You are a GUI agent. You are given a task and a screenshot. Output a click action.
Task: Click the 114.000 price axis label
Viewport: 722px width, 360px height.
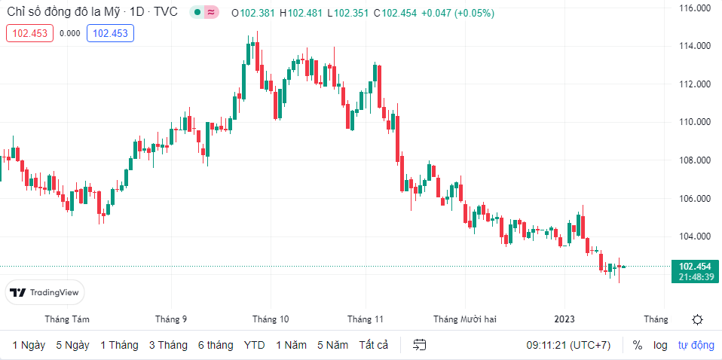click(x=694, y=46)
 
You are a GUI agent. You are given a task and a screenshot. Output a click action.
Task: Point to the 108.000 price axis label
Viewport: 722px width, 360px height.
click(x=694, y=160)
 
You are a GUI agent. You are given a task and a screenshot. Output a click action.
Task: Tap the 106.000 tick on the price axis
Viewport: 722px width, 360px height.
click(x=694, y=199)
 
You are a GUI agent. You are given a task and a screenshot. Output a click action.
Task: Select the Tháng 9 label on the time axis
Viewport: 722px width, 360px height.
click(x=171, y=319)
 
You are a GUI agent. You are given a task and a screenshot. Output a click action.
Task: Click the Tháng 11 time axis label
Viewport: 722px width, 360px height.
click(x=366, y=319)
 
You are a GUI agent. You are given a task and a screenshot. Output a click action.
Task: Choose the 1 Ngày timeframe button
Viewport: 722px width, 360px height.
click(x=29, y=345)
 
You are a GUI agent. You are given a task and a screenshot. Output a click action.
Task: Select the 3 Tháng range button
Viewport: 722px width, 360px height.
click(x=168, y=345)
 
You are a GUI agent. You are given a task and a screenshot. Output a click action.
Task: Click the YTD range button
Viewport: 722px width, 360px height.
click(x=254, y=345)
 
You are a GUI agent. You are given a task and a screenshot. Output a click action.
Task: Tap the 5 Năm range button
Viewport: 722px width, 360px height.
click(x=332, y=345)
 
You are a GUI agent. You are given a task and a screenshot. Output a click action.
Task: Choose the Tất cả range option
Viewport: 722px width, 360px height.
click(x=374, y=345)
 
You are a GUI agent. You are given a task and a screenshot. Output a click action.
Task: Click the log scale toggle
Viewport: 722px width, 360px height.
click(x=660, y=345)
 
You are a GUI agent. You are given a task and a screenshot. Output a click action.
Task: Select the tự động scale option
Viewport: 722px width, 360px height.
click(x=696, y=345)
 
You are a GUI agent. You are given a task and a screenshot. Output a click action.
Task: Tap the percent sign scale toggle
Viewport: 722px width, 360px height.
click(x=638, y=345)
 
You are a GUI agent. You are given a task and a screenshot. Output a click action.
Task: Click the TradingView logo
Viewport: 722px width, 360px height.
click(x=44, y=292)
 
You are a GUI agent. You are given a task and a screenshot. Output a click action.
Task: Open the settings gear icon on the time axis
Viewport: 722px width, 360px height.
click(x=697, y=319)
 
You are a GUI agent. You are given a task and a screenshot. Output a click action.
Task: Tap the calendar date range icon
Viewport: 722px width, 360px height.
click(x=420, y=345)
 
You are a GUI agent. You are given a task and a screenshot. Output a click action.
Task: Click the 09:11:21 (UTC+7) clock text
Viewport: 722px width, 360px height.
click(x=568, y=345)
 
